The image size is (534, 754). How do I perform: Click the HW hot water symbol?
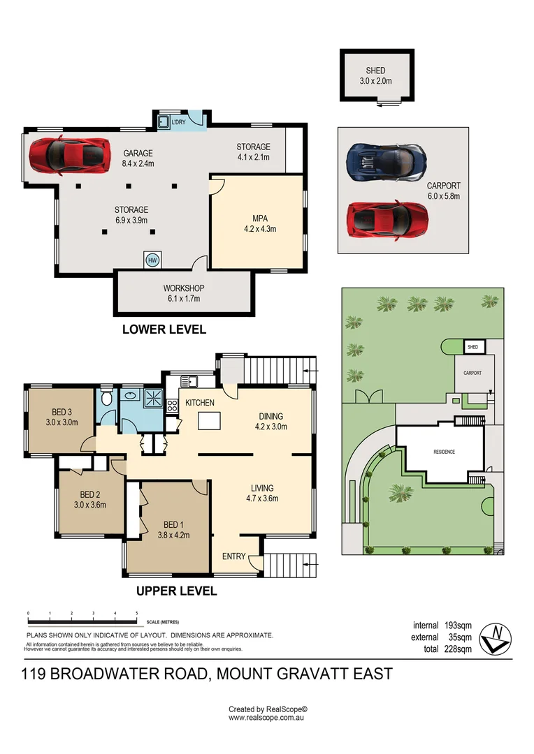[152, 260]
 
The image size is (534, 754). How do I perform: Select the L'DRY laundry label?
[178, 122]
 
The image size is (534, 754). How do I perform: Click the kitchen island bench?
[208, 421]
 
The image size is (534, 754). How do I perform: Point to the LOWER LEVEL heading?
[164, 330]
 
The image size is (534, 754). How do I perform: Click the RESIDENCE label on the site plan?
[444, 452]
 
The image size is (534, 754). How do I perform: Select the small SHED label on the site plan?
[472, 347]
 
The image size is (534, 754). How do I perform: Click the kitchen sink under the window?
[189, 382]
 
